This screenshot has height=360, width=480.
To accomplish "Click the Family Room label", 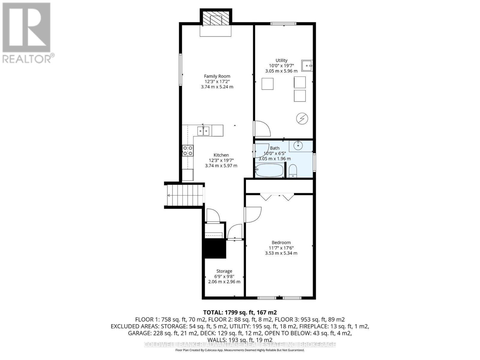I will [217, 76].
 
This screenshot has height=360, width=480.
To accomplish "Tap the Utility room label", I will [281, 60].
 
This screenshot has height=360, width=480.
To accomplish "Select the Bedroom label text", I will [281, 242].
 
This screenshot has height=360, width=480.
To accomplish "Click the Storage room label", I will [224, 271].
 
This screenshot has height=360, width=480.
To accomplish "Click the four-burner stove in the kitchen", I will [188, 150].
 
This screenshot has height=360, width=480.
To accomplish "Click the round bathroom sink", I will [298, 146].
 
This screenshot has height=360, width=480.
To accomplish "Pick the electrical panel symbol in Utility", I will [302, 119].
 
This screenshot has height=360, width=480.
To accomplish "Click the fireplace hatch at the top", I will [216, 19].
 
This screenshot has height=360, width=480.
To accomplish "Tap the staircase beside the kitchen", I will [184, 195].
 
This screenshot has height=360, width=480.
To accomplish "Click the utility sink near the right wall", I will [307, 65].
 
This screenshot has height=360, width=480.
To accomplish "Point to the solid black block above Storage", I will [215, 248].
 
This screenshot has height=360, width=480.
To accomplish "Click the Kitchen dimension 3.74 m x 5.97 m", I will [221, 166].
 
